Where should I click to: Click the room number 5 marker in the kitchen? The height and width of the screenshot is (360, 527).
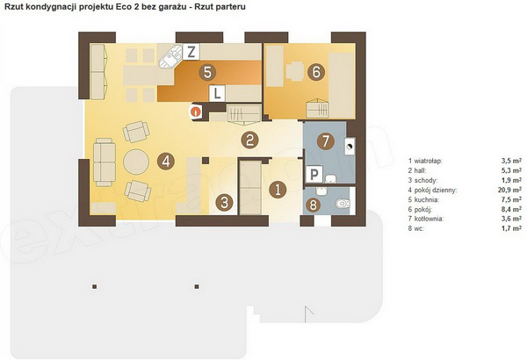[x=207, y=72]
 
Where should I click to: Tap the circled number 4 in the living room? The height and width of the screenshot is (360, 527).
[x=166, y=162]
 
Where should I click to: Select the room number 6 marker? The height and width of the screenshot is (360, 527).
[x=316, y=72]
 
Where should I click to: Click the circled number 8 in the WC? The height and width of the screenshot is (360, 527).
[x=313, y=205]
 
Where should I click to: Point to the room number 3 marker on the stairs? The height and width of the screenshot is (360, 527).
[x=224, y=202]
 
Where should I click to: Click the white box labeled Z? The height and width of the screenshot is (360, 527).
[x=191, y=52]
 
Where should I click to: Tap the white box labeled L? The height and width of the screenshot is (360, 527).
[x=218, y=93]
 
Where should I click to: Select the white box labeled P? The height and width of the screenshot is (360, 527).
[x=314, y=174]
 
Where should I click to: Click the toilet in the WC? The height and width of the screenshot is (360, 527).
[x=343, y=204]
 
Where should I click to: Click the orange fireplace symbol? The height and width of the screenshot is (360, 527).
[x=195, y=112]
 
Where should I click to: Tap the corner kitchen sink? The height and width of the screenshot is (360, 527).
[x=171, y=56]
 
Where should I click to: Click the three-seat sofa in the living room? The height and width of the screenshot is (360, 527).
[x=105, y=162]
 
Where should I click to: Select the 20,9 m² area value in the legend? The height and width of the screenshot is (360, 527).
[x=509, y=190]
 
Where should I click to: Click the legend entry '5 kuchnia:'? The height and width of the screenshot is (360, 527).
[x=423, y=199]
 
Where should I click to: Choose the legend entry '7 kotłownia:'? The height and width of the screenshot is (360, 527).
[x=426, y=219]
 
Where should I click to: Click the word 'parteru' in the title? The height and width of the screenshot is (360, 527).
[x=233, y=6]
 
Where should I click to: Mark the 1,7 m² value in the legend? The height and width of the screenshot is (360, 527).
[x=511, y=228]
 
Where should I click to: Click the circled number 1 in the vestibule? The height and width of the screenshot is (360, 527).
[x=278, y=190]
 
